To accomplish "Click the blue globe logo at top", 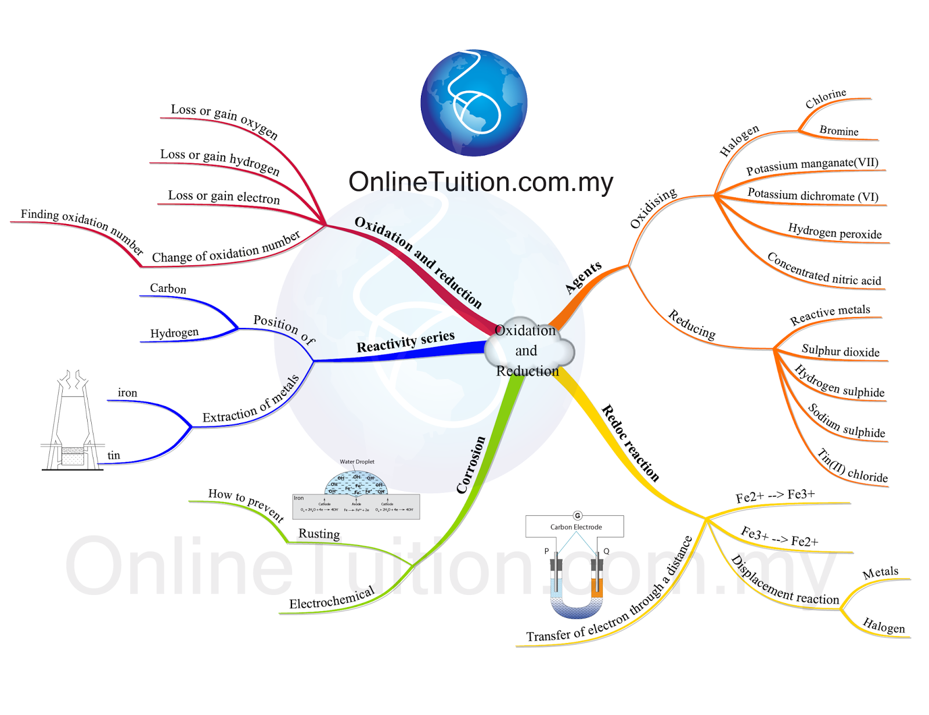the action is [x=474, y=103].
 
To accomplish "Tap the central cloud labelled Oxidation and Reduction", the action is [x=527, y=351].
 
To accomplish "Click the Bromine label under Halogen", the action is [x=838, y=131].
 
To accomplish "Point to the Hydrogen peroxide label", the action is [x=834, y=232].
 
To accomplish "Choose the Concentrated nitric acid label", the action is [x=824, y=269].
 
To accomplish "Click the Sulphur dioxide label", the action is [x=840, y=351].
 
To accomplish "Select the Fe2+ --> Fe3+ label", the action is [x=775, y=496].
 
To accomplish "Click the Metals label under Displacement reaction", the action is [x=880, y=573].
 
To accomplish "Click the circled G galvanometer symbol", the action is [x=577, y=515].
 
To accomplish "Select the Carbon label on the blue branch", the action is [x=168, y=288].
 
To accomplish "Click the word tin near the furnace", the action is [x=114, y=456].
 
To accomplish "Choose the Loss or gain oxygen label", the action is [x=224, y=121].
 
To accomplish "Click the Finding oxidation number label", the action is [x=81, y=229].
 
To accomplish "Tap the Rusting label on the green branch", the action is [x=319, y=533].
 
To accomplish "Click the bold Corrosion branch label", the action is [x=470, y=465].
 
